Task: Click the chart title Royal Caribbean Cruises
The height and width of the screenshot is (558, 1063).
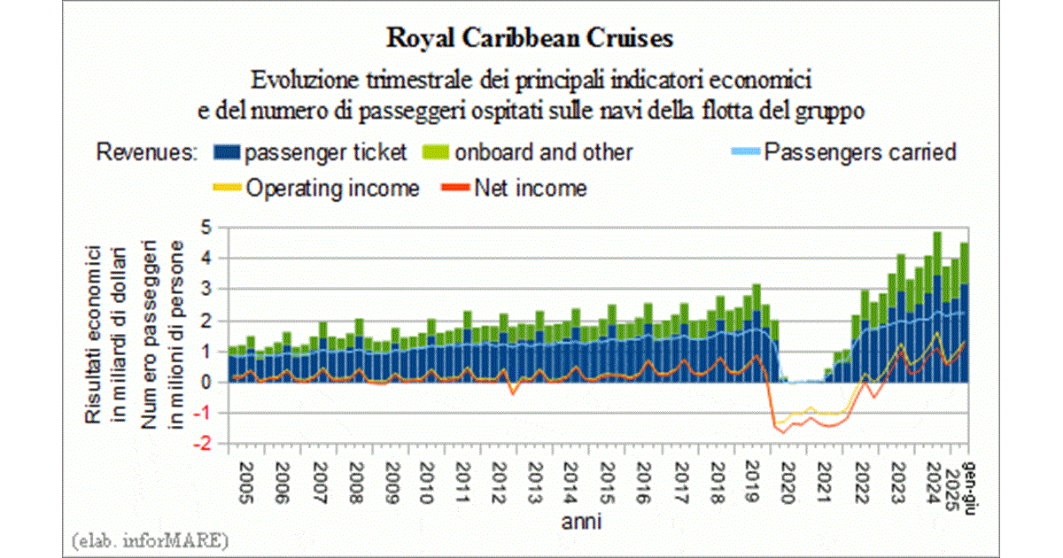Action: coord(531,39)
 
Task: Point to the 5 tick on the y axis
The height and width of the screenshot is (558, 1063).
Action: coord(209,228)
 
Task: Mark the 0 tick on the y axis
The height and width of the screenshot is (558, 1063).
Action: coord(209,383)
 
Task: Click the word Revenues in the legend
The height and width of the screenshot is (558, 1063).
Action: coord(146,152)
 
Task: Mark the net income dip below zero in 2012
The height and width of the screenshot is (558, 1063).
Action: coord(512,393)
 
